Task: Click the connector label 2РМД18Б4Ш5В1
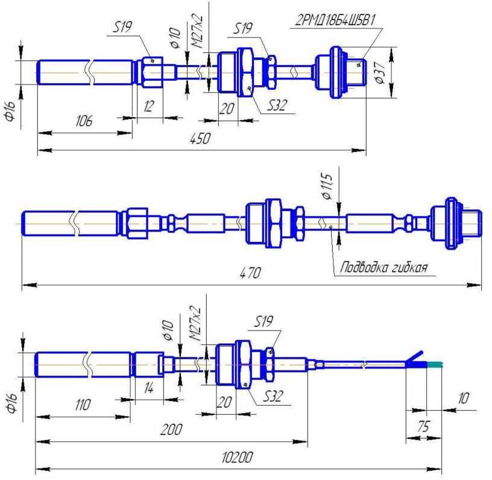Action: [335, 20]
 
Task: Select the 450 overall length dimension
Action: [200, 138]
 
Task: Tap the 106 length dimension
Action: [84, 121]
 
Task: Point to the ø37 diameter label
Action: [380, 72]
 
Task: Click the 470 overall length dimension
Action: [250, 273]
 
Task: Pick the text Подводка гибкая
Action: [383, 267]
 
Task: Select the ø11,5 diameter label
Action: [327, 186]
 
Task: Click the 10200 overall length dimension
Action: [237, 457]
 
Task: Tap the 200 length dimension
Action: [171, 429]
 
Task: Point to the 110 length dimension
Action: [83, 405]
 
